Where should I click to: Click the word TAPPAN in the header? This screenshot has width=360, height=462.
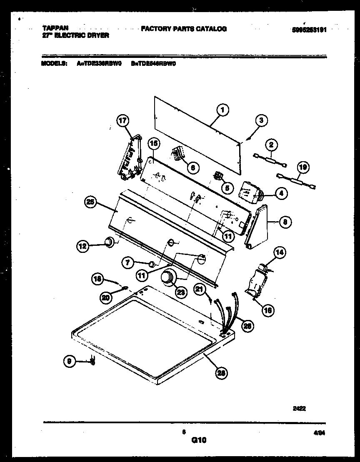(x=55, y=28)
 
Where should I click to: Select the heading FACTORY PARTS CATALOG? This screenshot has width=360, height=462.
(x=184, y=29)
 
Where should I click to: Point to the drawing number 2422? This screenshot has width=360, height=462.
(x=300, y=409)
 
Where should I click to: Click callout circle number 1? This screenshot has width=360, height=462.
(x=223, y=110)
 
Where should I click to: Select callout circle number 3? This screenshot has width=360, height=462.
(x=261, y=121)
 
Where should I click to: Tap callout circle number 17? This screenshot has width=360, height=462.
(x=122, y=121)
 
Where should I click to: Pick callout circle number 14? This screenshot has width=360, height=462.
(x=280, y=252)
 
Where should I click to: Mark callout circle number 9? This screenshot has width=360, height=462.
(x=70, y=362)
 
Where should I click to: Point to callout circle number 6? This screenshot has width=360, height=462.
(x=192, y=167)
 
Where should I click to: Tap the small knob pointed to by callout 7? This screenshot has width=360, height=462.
(x=152, y=264)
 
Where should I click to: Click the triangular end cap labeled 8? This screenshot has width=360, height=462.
(x=257, y=227)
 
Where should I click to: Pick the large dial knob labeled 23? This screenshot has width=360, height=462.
(x=168, y=278)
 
